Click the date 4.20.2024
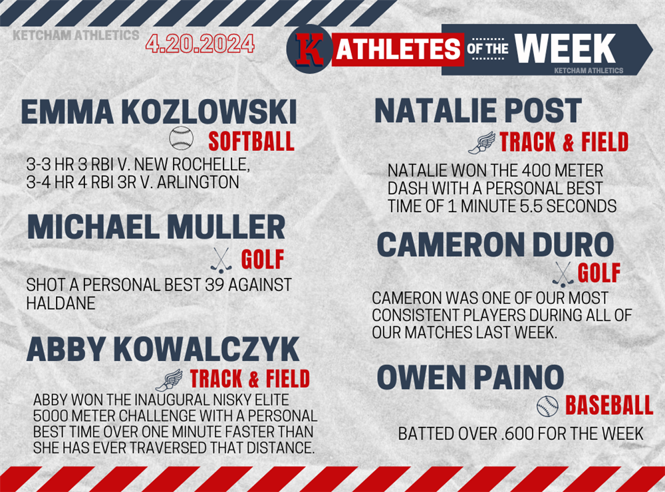click(199, 43)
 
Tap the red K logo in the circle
click(309, 49)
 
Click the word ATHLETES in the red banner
click(398, 49)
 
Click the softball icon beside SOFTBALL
click(181, 138)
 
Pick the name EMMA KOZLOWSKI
click(159, 112)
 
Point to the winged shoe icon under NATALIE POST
click(481, 142)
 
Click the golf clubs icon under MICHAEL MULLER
click(221, 260)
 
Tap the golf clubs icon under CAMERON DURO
click(563, 275)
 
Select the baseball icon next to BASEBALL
click(547, 406)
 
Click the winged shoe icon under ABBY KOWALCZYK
click(169, 380)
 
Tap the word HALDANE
click(61, 303)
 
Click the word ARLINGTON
click(198, 182)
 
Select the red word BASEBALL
click(609, 406)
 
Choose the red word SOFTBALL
click(251, 141)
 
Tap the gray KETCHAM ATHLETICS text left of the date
click(76, 35)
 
